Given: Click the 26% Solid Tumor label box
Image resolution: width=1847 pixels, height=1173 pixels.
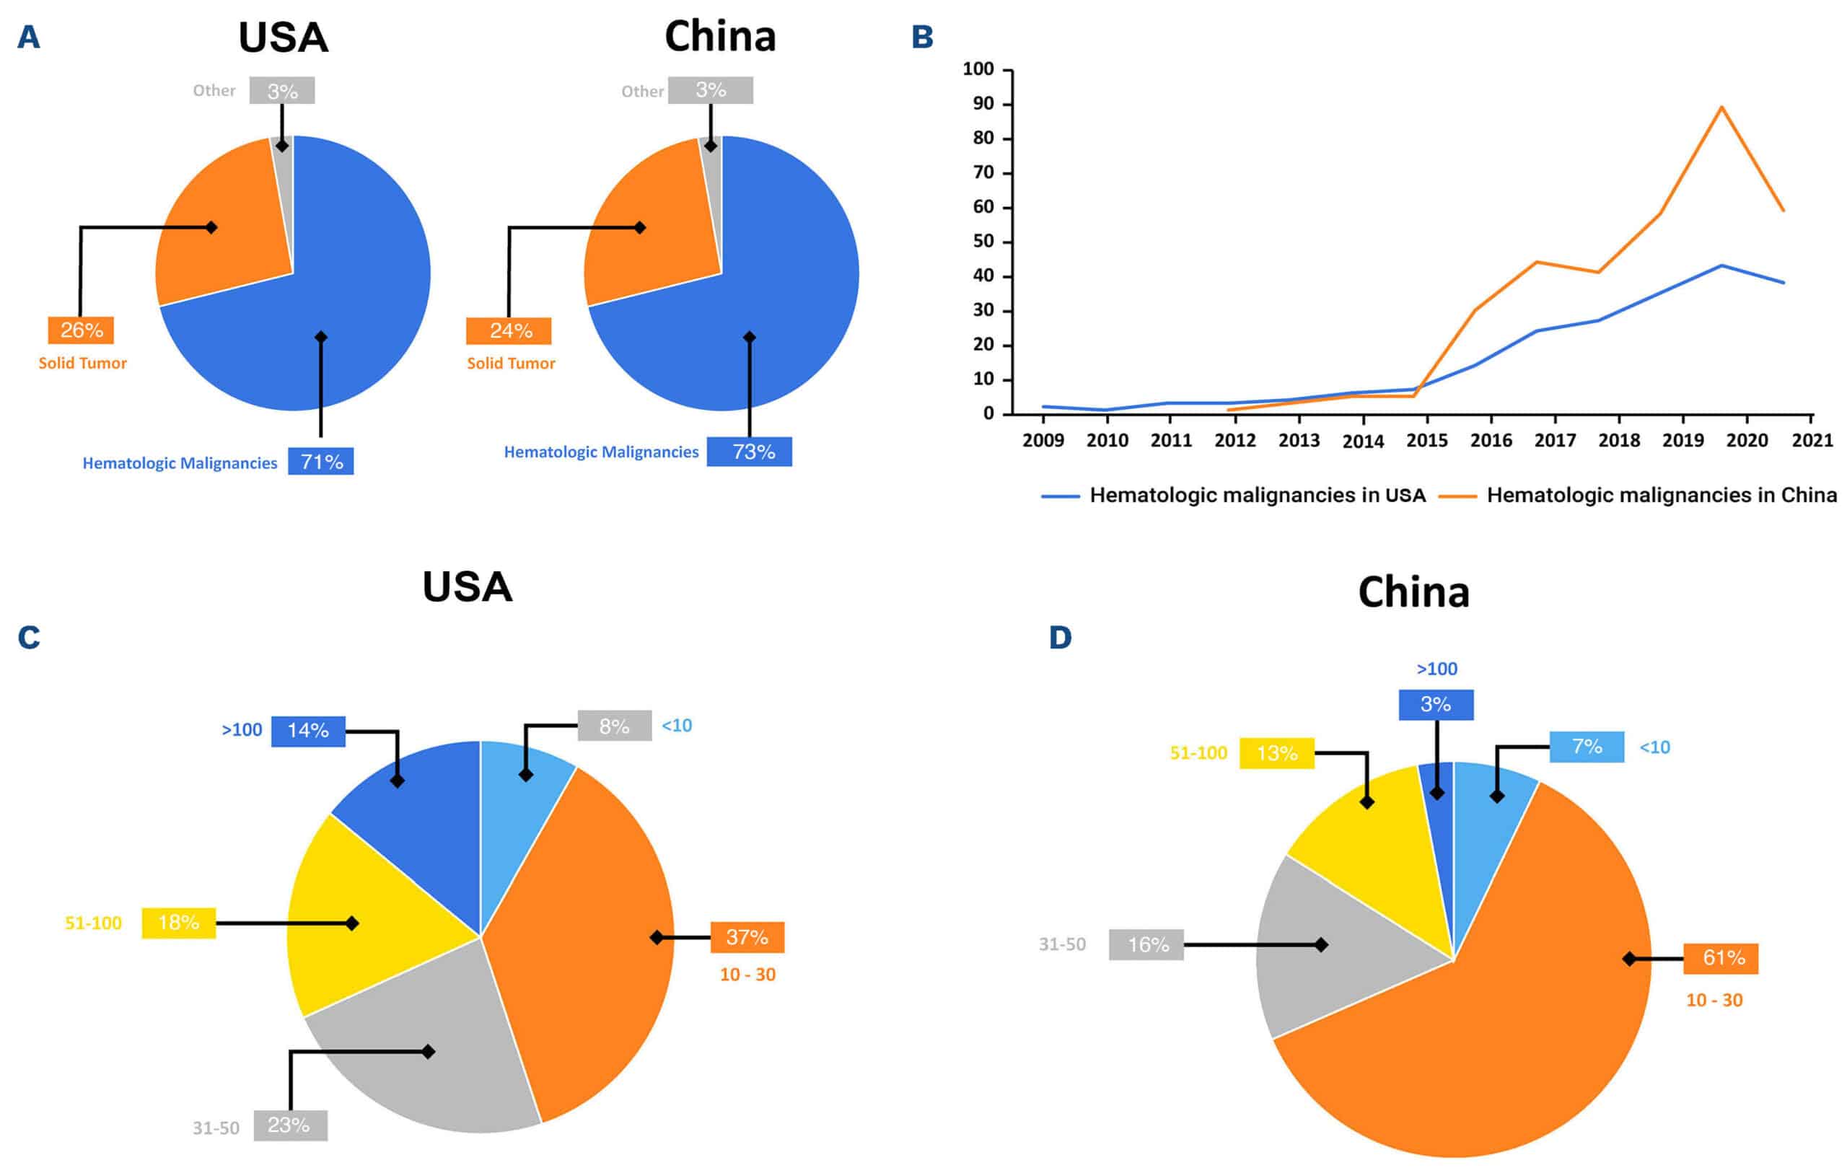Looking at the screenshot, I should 81,330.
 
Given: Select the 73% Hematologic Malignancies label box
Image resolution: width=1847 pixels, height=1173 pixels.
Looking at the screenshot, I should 749,451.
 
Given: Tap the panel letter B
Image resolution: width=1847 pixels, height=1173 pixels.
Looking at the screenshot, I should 922,37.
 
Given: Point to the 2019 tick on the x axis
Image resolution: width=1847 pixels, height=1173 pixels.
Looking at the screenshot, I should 1683,439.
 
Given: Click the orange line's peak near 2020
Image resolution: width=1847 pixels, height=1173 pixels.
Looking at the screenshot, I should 1721,107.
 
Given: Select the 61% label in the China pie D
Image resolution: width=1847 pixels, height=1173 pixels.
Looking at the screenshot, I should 1721,957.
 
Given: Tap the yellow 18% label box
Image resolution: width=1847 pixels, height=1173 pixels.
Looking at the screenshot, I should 179,922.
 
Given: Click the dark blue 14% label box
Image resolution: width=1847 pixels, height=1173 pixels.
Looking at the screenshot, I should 307,730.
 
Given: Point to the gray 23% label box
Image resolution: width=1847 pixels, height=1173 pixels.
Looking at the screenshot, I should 290,1125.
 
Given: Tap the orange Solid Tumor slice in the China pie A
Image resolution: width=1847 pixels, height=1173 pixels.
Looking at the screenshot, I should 652,230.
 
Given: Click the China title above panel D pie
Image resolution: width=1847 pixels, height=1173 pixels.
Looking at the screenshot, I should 1413,592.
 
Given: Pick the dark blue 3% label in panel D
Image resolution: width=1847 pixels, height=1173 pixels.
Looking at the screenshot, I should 1435,704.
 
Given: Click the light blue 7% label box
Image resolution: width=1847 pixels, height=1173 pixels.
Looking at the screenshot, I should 1587,747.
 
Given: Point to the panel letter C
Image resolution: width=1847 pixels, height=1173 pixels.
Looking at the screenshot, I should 29,638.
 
